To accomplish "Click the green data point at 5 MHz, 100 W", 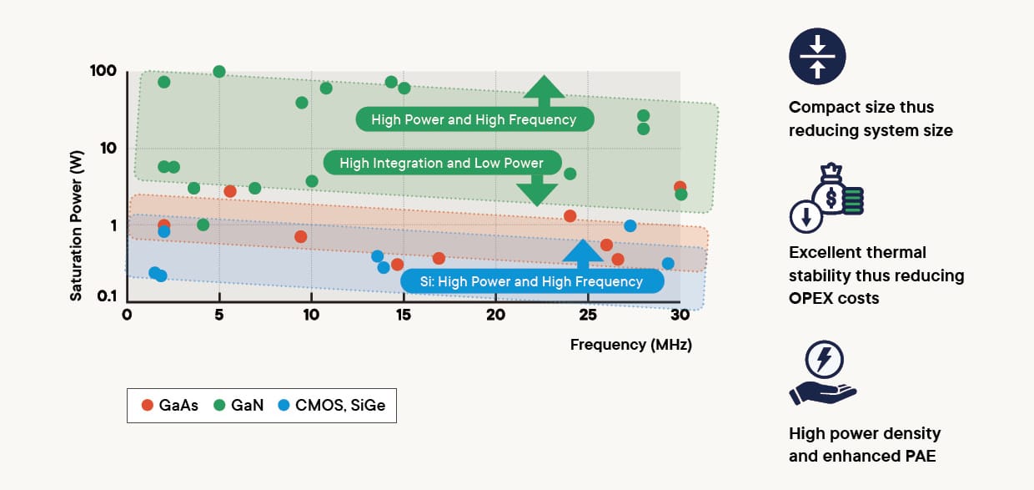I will (x=219, y=72).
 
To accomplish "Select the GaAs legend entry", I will (x=170, y=406).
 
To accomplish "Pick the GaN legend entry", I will (x=238, y=406).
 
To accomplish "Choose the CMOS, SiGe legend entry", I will (x=330, y=406).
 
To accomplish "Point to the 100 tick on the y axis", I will (x=103, y=72).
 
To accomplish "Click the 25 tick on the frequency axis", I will (x=588, y=315).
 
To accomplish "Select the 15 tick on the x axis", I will (x=404, y=315).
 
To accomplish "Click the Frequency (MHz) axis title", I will (x=630, y=344).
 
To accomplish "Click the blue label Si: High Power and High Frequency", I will (x=532, y=282).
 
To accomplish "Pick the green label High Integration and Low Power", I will (x=441, y=163).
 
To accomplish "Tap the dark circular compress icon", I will (x=817, y=57).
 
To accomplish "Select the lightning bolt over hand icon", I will (x=823, y=373).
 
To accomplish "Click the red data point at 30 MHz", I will (x=680, y=187).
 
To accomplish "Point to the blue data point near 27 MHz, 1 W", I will (x=630, y=226).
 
